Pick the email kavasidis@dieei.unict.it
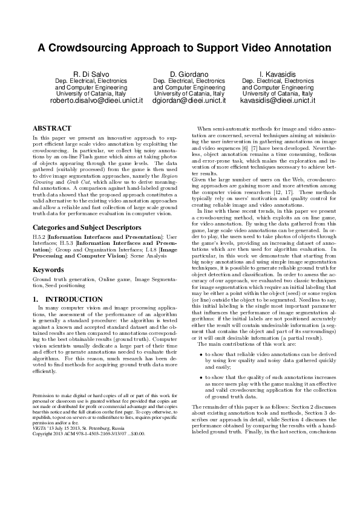click(278, 101)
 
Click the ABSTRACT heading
click(51, 129)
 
